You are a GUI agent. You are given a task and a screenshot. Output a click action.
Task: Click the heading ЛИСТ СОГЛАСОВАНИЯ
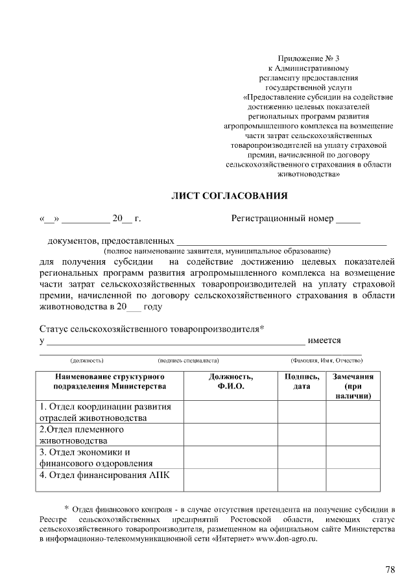[x=228, y=195]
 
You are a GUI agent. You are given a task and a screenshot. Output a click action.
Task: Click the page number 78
[x=390, y=569]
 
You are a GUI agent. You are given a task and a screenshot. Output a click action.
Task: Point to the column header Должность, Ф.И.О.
[x=231, y=381]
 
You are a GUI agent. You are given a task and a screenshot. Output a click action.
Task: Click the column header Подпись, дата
[x=302, y=381]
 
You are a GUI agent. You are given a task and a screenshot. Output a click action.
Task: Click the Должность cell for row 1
[x=231, y=412]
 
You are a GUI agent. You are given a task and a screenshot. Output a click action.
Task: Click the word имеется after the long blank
[x=325, y=341]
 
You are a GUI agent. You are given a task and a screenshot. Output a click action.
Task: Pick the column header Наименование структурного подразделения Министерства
[x=110, y=381]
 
